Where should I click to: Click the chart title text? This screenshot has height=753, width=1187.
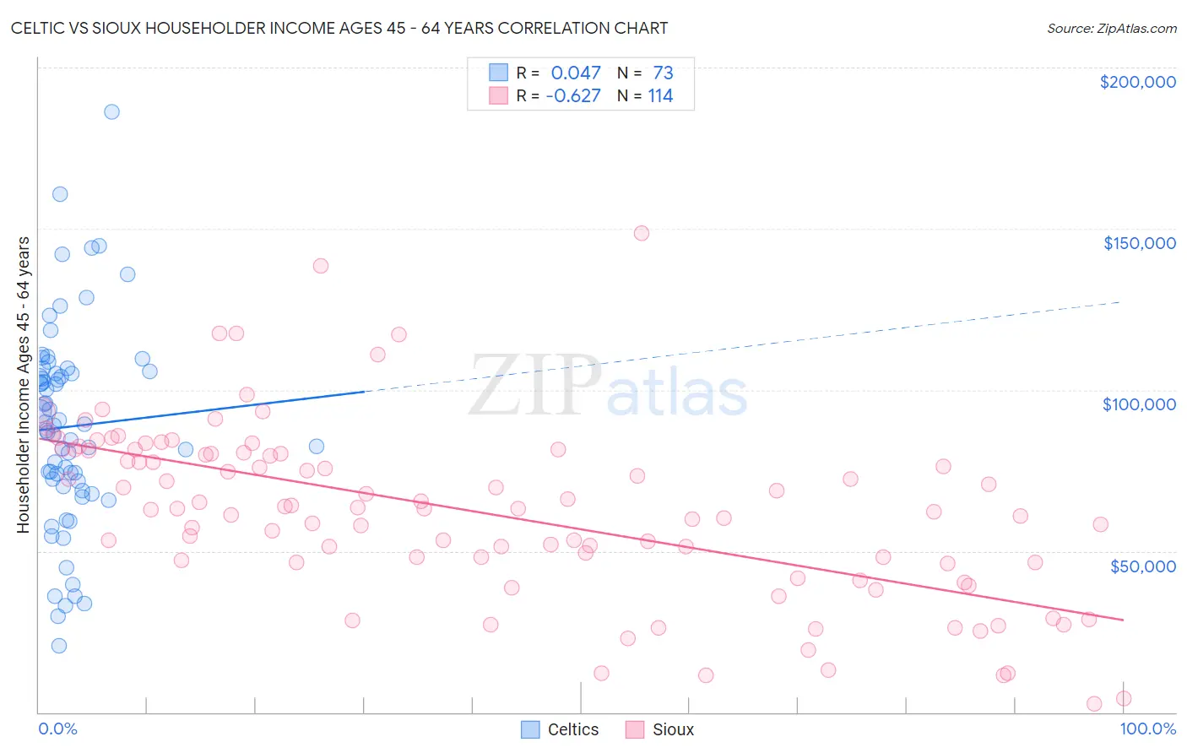[339, 28]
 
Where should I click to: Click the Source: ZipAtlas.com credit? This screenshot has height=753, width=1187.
[1111, 28]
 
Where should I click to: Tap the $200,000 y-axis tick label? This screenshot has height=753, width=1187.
[1137, 82]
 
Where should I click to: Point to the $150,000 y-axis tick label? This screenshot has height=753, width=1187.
[1139, 243]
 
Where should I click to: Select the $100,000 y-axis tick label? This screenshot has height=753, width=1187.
[1139, 404]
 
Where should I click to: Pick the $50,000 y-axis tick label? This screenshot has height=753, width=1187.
[1142, 566]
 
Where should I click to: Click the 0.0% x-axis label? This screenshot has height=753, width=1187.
[57, 729]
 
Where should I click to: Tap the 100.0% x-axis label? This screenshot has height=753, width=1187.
[1147, 729]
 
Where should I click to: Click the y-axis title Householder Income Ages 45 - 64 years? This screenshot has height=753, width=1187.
[24, 385]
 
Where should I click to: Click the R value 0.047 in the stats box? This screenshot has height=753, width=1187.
[576, 73]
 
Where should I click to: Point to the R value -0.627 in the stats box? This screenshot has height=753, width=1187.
[573, 95]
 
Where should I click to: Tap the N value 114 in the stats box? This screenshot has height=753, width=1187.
[660, 95]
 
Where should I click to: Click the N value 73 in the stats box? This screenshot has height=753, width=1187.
[663, 73]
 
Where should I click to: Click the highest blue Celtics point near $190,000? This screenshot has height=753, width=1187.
[111, 111]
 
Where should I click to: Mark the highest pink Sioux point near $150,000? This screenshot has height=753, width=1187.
[642, 233]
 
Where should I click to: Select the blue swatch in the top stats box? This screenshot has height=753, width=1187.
[499, 73]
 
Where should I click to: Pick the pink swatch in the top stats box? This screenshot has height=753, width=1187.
[499, 95]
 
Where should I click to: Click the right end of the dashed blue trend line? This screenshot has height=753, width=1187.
[1121, 301]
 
